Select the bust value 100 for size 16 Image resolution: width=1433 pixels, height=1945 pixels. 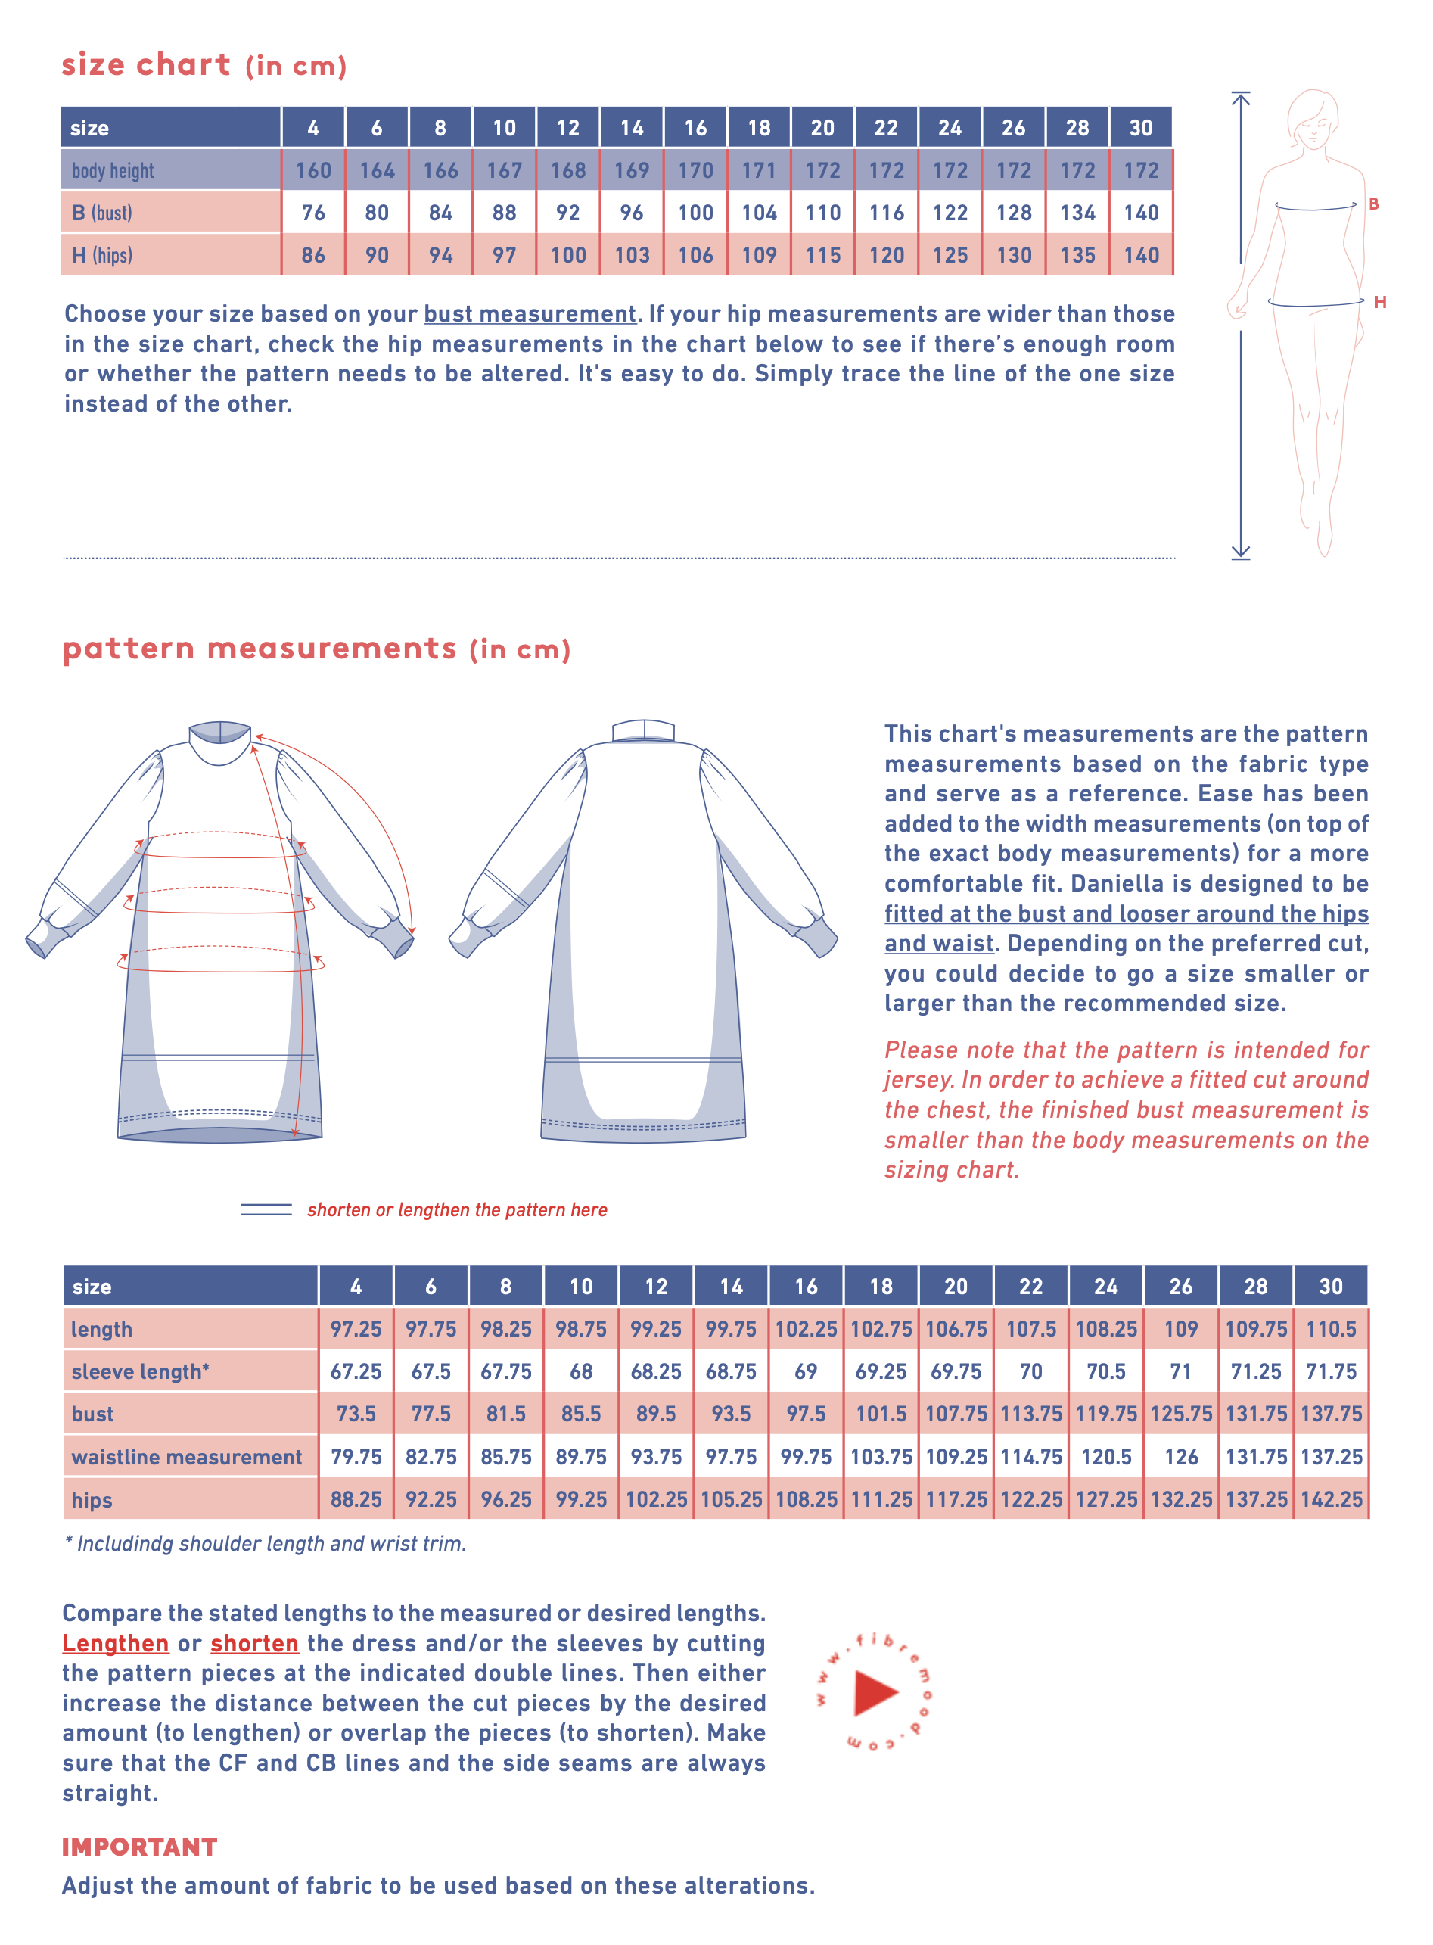[x=695, y=213]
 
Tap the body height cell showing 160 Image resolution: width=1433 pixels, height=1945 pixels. [x=313, y=170]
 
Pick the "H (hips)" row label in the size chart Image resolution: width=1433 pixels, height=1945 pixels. [x=102, y=255]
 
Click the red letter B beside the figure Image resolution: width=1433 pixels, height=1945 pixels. [x=1373, y=204]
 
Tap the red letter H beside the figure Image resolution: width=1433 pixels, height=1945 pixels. [x=1379, y=302]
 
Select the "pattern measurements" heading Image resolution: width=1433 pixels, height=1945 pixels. [x=260, y=648]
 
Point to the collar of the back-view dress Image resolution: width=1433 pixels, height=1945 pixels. [x=643, y=730]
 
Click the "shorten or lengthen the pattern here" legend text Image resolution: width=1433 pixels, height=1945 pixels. [x=457, y=1209]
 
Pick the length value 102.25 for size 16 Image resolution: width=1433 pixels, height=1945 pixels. [x=806, y=1329]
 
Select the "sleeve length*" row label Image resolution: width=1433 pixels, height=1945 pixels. [x=141, y=1371]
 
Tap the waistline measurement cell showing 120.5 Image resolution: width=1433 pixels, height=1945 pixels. [x=1106, y=1457]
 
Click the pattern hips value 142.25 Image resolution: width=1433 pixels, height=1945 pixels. [x=1331, y=1499]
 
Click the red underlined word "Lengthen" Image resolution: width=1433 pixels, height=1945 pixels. [x=115, y=1643]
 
